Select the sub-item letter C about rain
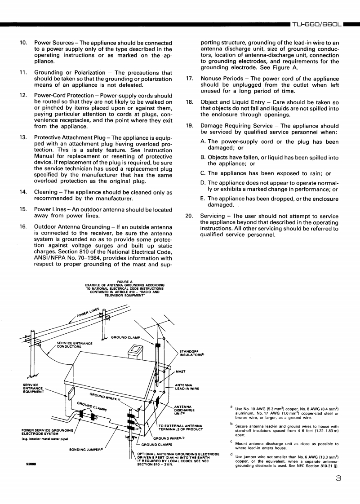(204, 173)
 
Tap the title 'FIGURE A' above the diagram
(124, 282)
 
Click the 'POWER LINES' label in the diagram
(87, 313)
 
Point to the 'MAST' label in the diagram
(181, 371)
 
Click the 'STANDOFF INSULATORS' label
(192, 354)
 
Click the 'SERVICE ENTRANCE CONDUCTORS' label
(75, 345)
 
